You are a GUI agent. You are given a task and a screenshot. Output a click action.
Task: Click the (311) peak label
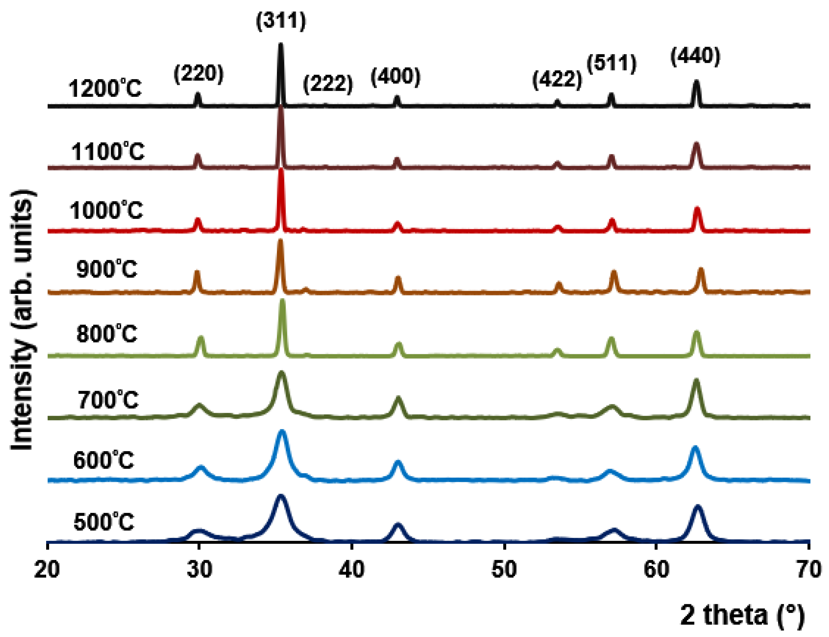281,21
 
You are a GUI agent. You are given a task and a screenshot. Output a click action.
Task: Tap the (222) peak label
328,83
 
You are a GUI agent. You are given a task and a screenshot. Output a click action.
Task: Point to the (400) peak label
395,77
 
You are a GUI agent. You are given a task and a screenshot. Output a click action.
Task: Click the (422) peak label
557,80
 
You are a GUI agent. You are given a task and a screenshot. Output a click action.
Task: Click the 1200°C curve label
105,89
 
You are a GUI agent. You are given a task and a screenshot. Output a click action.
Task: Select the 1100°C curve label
108,151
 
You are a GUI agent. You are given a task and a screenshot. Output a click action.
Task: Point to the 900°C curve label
107,269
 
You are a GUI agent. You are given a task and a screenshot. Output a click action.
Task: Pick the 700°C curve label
108,400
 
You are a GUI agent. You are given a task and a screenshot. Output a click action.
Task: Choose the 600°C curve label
104,461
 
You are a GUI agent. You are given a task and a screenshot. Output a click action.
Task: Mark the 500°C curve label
104,522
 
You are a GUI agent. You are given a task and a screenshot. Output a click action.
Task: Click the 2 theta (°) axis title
742,615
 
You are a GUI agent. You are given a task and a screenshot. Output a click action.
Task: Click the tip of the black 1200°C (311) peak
281,45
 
